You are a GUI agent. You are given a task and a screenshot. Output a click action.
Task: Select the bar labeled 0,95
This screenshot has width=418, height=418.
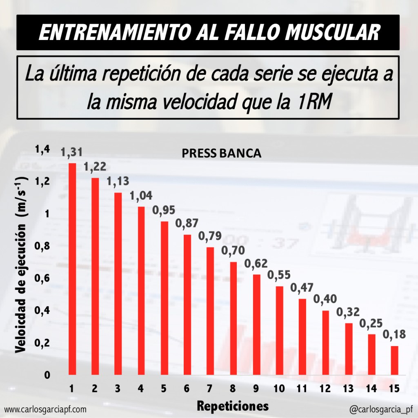click(x=165, y=298)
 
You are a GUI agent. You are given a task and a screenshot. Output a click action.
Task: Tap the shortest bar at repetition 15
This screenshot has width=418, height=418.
click(x=394, y=360)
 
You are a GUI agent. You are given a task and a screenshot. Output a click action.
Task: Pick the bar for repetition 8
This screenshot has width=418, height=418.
click(x=233, y=318)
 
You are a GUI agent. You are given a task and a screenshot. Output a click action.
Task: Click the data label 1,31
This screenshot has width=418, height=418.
click(x=72, y=153)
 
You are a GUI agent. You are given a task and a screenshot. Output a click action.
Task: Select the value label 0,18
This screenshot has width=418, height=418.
click(x=394, y=335)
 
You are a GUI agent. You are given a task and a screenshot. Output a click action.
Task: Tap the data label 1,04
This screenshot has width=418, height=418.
click(x=141, y=196)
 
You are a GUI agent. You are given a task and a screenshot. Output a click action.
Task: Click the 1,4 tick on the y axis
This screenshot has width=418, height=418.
click(x=42, y=150)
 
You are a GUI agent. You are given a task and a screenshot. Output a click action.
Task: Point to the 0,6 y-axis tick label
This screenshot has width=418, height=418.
click(x=42, y=278)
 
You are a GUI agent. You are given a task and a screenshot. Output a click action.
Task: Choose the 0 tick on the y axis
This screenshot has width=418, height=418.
click(x=47, y=375)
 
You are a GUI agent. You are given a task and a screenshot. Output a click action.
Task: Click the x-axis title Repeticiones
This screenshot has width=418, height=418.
click(x=233, y=406)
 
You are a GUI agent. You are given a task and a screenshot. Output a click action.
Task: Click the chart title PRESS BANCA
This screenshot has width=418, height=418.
click(x=221, y=153)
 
